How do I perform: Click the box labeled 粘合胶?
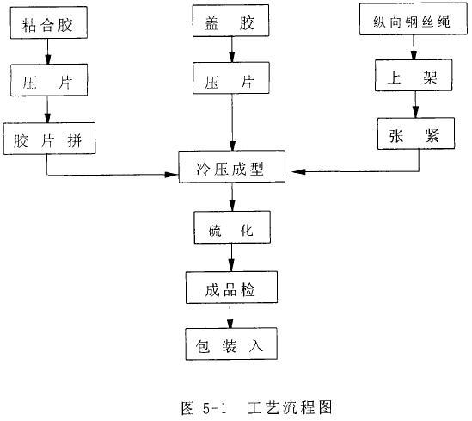pyautogui.click(x=54, y=26)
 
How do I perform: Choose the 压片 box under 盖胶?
pyautogui.click(x=230, y=83)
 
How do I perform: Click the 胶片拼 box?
pyautogui.click(x=47, y=139)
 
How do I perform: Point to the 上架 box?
pyautogui.click(x=415, y=76)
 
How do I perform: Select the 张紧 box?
pyautogui.click(x=414, y=134)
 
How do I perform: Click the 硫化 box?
pyautogui.click(x=230, y=227)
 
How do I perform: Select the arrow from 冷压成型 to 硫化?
pyautogui.click(x=230, y=199)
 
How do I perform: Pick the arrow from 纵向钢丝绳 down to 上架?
pyautogui.click(x=416, y=49)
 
